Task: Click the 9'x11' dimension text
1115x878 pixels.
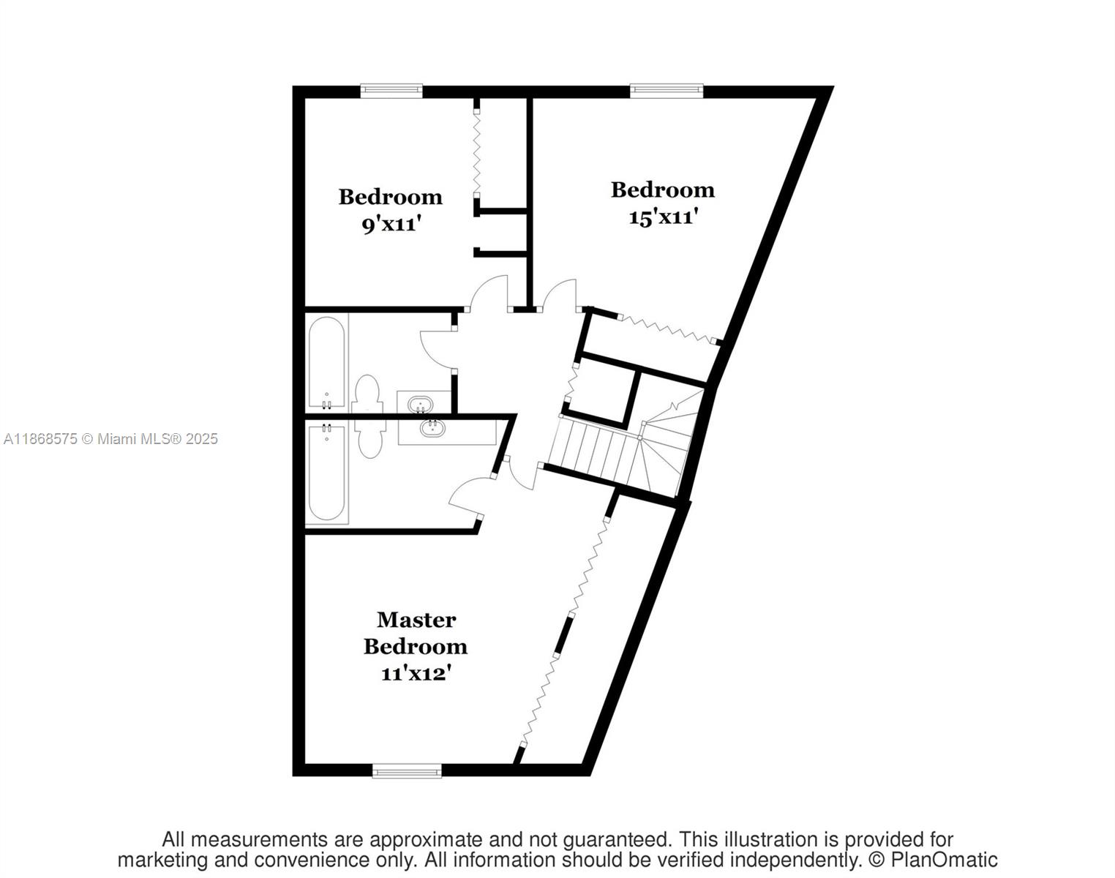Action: pos(391,224)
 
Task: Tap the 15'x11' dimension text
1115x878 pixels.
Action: pos(663,217)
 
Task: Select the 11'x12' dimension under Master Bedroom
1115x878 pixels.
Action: pos(415,673)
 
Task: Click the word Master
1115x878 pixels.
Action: pos(416,620)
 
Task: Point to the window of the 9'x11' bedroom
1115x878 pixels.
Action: pos(391,91)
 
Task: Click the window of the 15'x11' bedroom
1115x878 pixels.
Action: pos(667,91)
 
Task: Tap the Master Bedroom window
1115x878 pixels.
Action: pos(407,770)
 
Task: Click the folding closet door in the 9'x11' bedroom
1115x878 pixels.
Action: pos(476,154)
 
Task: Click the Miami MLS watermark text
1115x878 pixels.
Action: pos(110,439)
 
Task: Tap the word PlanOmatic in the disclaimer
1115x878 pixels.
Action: pos(944,860)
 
